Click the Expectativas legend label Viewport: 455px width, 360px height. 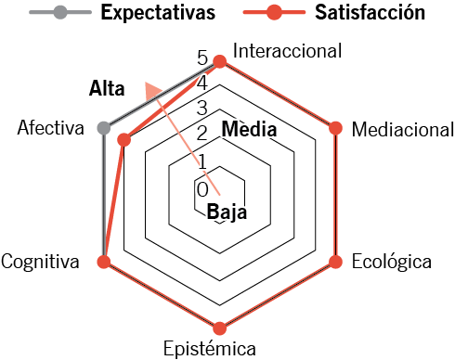[x=158, y=13]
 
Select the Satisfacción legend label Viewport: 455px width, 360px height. [x=370, y=13]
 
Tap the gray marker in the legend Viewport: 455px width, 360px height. [x=60, y=12]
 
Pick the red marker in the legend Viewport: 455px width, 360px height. [x=274, y=12]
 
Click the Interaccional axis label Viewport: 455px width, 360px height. [x=288, y=51]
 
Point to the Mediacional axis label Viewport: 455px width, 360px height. [x=403, y=129]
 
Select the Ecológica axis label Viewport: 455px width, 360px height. [x=392, y=262]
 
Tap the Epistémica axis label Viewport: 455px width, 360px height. [x=210, y=349]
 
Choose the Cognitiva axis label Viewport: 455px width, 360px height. [x=40, y=262]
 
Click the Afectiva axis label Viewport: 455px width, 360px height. [x=51, y=127]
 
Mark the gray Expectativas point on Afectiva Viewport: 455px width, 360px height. [x=104, y=128]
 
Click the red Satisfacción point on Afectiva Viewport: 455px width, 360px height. [x=124, y=140]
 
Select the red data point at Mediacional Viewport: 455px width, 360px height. [x=335, y=128]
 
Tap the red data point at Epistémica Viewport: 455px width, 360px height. [x=220, y=328]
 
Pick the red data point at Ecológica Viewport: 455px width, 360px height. [x=335, y=262]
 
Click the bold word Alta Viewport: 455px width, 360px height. [x=107, y=88]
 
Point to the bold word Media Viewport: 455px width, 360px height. [x=249, y=129]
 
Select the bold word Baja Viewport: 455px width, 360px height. [x=227, y=212]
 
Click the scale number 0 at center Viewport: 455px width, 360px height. [x=202, y=189]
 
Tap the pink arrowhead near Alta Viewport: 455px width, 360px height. [x=152, y=91]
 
